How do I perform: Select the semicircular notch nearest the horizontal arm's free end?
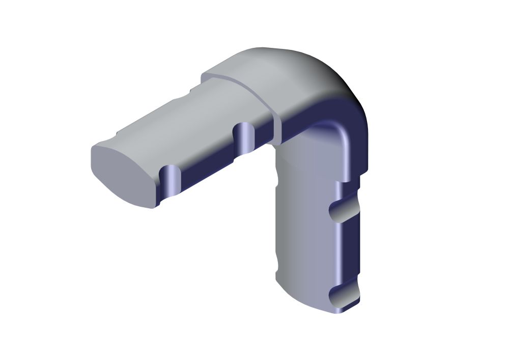pyautogui.click(x=171, y=179)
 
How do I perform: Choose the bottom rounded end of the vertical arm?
pyautogui.click(x=305, y=300)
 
